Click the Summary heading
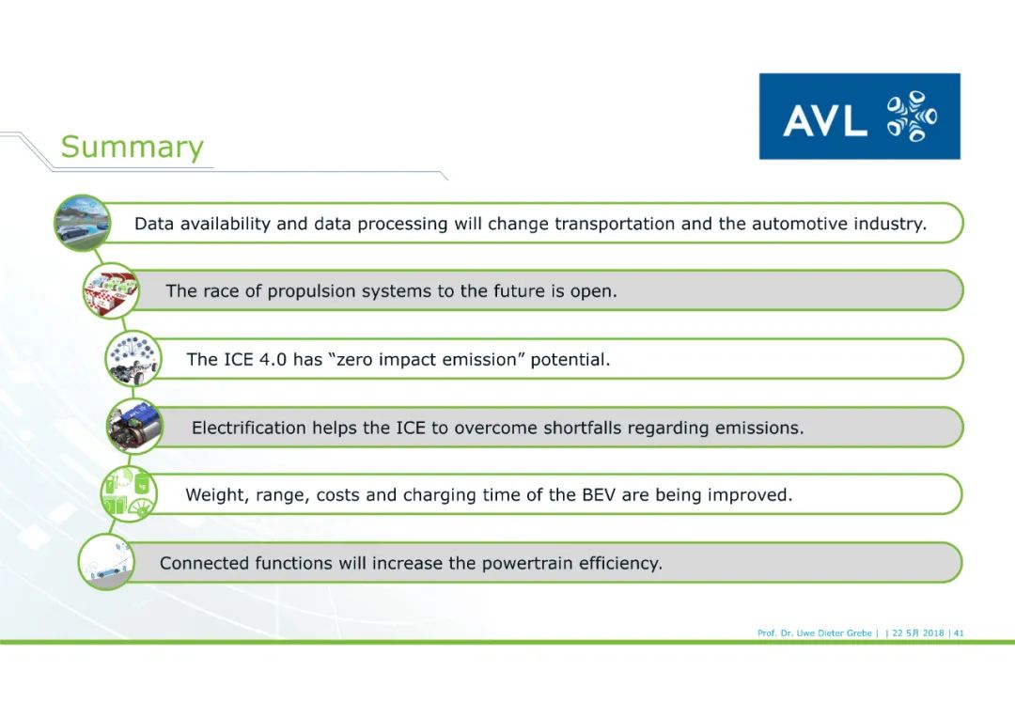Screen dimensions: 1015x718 coord(133,147)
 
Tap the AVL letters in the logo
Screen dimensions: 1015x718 coord(825,120)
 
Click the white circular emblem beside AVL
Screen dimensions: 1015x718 coord(912,117)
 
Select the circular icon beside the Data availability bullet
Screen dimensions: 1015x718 coord(82,224)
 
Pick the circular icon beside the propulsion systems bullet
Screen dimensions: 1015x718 coord(111,290)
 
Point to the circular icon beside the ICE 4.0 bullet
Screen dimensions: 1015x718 coord(133,359)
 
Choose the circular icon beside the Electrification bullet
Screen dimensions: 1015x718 coord(134,427)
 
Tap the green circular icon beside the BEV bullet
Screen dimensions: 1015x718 coord(129,494)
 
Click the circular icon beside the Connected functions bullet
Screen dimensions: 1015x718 coord(106,562)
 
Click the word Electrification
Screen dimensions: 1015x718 coord(249,428)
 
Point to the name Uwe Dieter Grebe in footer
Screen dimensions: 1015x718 coord(835,633)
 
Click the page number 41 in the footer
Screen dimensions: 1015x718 coord(959,633)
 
